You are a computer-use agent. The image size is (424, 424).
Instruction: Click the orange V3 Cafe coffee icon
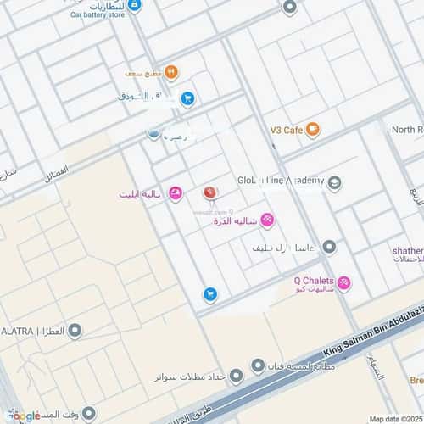[313, 130]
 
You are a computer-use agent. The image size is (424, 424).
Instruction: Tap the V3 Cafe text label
[287, 130]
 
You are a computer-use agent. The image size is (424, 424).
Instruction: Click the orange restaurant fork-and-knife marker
[170, 72]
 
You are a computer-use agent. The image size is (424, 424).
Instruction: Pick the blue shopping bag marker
[187, 98]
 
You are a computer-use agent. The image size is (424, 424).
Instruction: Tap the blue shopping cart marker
[209, 294]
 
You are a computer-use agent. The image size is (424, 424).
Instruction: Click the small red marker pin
[208, 193]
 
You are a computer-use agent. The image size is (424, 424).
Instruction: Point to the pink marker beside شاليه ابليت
[175, 194]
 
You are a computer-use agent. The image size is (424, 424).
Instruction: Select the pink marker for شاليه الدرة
[266, 220]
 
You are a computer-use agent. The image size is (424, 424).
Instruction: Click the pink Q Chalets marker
[343, 282]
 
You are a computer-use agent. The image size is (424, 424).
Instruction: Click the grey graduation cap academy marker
[336, 181]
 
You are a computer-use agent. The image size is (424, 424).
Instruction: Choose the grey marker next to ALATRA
[75, 330]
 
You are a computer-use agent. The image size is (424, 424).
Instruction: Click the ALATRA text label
[17, 330]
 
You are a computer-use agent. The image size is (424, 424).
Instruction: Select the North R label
[407, 130]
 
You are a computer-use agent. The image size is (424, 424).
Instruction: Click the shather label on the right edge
[407, 251]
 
